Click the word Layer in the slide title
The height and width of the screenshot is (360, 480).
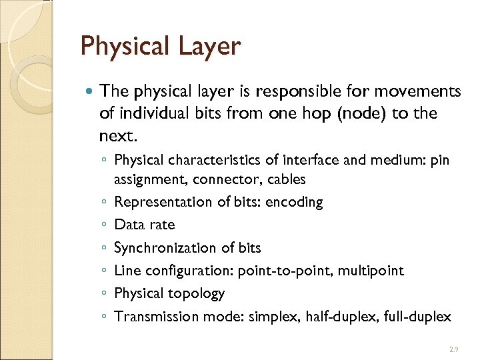[208, 47]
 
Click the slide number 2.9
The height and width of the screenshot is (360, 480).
[453, 349]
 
